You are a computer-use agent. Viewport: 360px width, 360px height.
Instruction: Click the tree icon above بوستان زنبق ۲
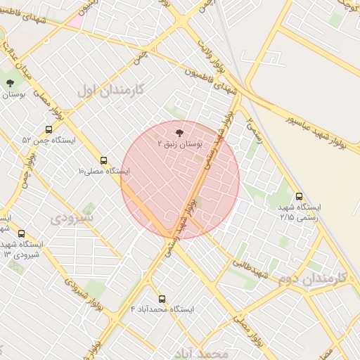179,131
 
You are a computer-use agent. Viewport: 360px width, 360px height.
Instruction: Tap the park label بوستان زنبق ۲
179,143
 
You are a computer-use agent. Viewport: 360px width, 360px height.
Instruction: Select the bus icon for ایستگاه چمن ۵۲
49,129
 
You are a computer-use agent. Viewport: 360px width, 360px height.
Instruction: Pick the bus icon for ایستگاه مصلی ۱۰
104,160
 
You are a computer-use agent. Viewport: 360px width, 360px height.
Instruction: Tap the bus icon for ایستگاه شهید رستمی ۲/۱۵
300,197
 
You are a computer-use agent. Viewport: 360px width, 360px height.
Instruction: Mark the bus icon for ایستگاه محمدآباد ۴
162,299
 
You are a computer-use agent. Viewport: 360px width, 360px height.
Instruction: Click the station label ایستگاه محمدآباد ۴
162,309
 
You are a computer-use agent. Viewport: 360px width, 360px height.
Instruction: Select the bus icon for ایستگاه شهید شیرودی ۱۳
21,233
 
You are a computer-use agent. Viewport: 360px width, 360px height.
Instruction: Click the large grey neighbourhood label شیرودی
70,218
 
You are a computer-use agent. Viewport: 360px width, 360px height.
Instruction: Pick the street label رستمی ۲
254,130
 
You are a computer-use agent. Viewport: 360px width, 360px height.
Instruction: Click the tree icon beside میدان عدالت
10,83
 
